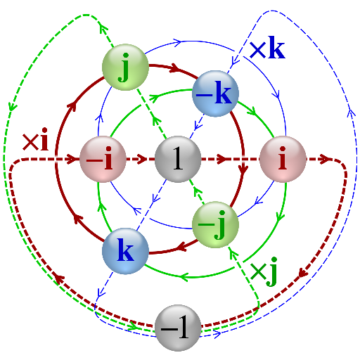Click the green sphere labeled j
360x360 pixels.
(125, 67)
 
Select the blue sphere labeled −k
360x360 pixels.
(215, 94)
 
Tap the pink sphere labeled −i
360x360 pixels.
(103, 159)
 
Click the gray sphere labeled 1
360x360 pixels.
(178, 159)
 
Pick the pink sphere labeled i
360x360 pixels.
(283, 159)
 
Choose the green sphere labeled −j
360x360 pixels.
(215, 225)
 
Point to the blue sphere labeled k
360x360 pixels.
(125, 251)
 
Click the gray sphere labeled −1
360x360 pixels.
(178, 328)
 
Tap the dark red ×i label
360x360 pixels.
(35, 139)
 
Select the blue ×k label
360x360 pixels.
(267, 47)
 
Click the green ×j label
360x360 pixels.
(264, 272)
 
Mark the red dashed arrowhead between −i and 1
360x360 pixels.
(142, 159)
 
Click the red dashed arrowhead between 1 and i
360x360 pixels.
(221, 159)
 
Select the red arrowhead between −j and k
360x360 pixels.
(181, 247)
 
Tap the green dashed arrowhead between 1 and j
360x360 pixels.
(157, 122)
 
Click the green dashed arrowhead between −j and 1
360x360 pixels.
(198, 192)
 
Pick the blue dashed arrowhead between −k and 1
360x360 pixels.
(198, 125)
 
